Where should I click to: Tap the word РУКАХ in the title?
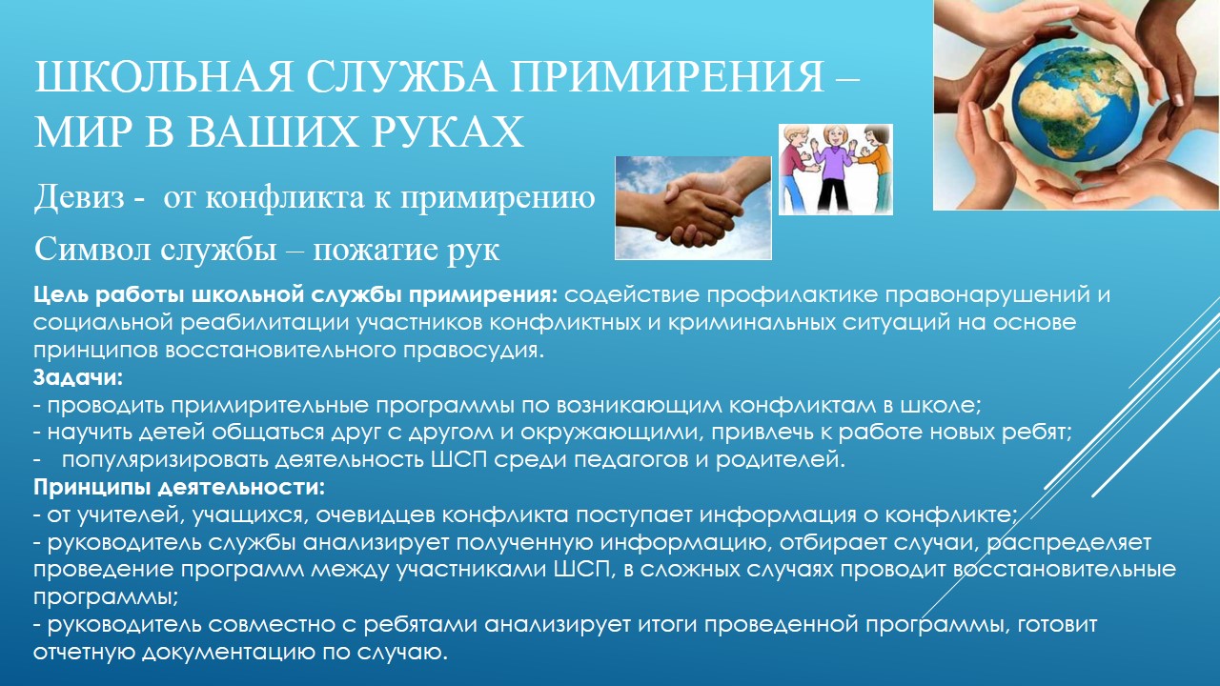(x=448, y=131)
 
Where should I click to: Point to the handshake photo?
(x=693, y=208)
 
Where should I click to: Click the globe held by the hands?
(x=1076, y=103)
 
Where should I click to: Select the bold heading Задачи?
(x=78, y=377)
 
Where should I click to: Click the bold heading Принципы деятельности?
(x=179, y=487)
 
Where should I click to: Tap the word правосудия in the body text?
(x=474, y=350)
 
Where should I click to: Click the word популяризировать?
(x=165, y=460)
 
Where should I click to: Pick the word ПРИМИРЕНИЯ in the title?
(x=667, y=77)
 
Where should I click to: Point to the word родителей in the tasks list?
(x=780, y=460)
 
